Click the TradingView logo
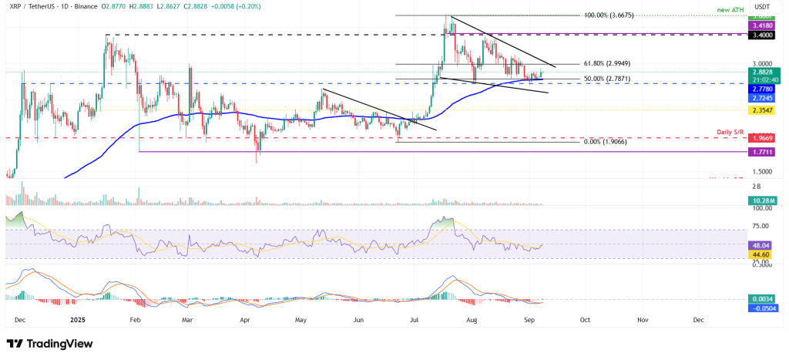coord(50,343)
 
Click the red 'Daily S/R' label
coord(729,133)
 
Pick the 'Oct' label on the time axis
coord(585,318)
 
